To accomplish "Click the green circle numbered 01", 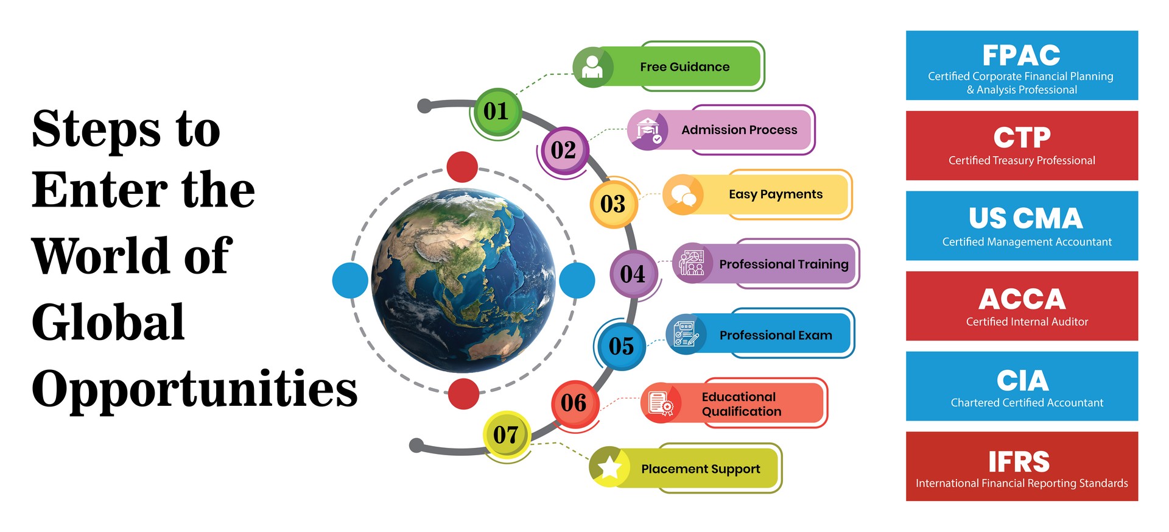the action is point(497,112).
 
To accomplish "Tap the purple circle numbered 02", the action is point(564,150).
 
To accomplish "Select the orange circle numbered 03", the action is point(613,204).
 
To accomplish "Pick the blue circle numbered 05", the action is point(622,346).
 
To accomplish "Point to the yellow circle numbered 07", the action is point(507,434).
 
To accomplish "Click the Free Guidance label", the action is point(684,67).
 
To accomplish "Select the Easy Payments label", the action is point(776,194).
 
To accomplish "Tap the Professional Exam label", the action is point(776,335).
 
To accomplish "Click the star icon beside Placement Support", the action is point(609,467).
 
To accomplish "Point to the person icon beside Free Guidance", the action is point(592,67).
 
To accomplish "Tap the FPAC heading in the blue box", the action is point(1021,55).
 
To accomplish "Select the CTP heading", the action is point(1022,138).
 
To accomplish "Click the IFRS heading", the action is point(1019,462).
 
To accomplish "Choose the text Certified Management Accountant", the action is point(1027,242).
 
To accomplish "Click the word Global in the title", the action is point(108,321).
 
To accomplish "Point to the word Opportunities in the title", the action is point(195,388).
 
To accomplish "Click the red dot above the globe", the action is point(462,167).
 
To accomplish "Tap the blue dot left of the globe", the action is point(350,280).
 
